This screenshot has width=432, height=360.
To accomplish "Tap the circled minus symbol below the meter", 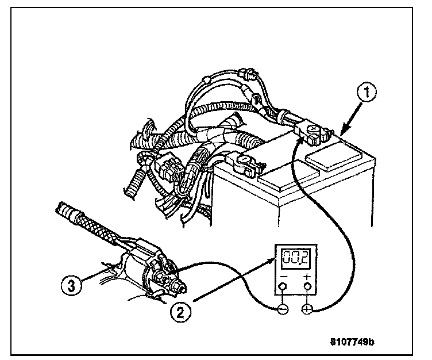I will click(x=282, y=309).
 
